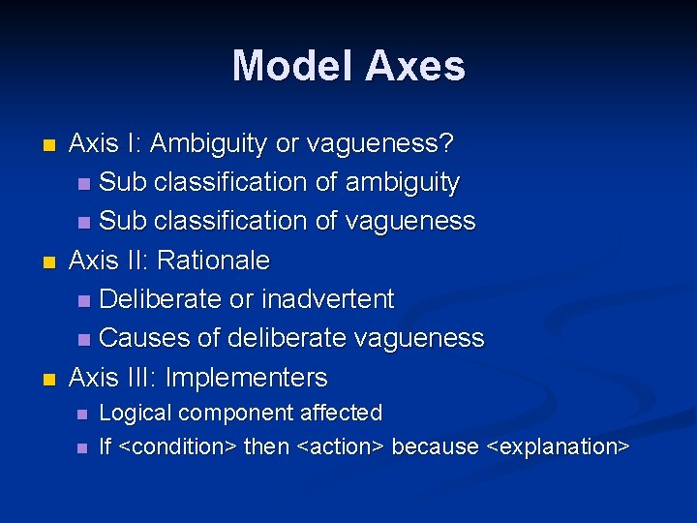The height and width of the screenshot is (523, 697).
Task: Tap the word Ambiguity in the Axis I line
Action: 208,143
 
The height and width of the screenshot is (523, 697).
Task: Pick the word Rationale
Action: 213,261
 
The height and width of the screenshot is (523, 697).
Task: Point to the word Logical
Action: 136,414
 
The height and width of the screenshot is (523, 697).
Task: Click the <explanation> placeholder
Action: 558,446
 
